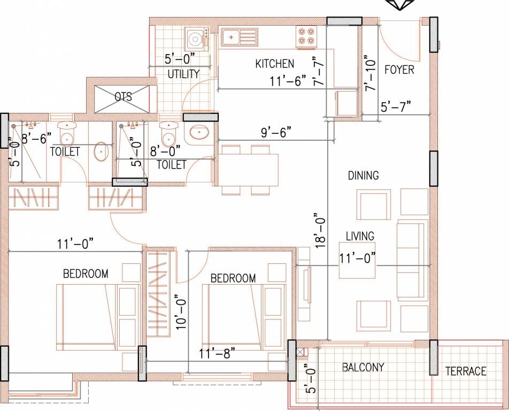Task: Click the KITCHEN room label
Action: click(x=274, y=64)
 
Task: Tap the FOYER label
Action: click(x=399, y=70)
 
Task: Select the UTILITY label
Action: click(x=183, y=74)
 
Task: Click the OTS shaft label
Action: click(x=123, y=97)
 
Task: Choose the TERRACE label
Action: click(x=466, y=371)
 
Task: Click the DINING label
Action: click(x=363, y=175)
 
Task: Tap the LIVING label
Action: click(x=359, y=235)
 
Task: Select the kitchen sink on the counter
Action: click(x=237, y=37)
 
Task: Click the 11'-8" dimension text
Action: click(x=217, y=353)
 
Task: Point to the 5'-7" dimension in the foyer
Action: click(x=396, y=106)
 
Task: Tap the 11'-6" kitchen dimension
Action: click(x=287, y=80)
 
